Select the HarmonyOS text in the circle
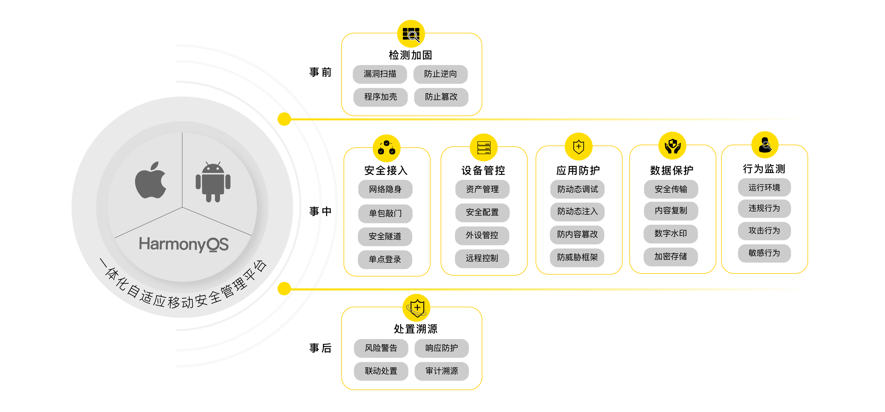pos(183,244)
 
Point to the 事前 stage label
pos(320,72)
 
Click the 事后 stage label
pos(320,348)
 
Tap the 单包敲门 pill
pos(385,214)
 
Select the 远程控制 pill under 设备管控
pos(482,258)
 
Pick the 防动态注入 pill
pos(577,212)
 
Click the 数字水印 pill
pos(671,234)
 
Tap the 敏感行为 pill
pos(764,253)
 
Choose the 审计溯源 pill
pos(441,371)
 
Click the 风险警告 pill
pos(381,348)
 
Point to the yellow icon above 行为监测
pos(765,145)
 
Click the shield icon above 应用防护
pos(579,146)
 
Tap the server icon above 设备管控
pos(483,148)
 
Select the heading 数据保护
pos(672,170)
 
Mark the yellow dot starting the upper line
pos(284,119)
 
